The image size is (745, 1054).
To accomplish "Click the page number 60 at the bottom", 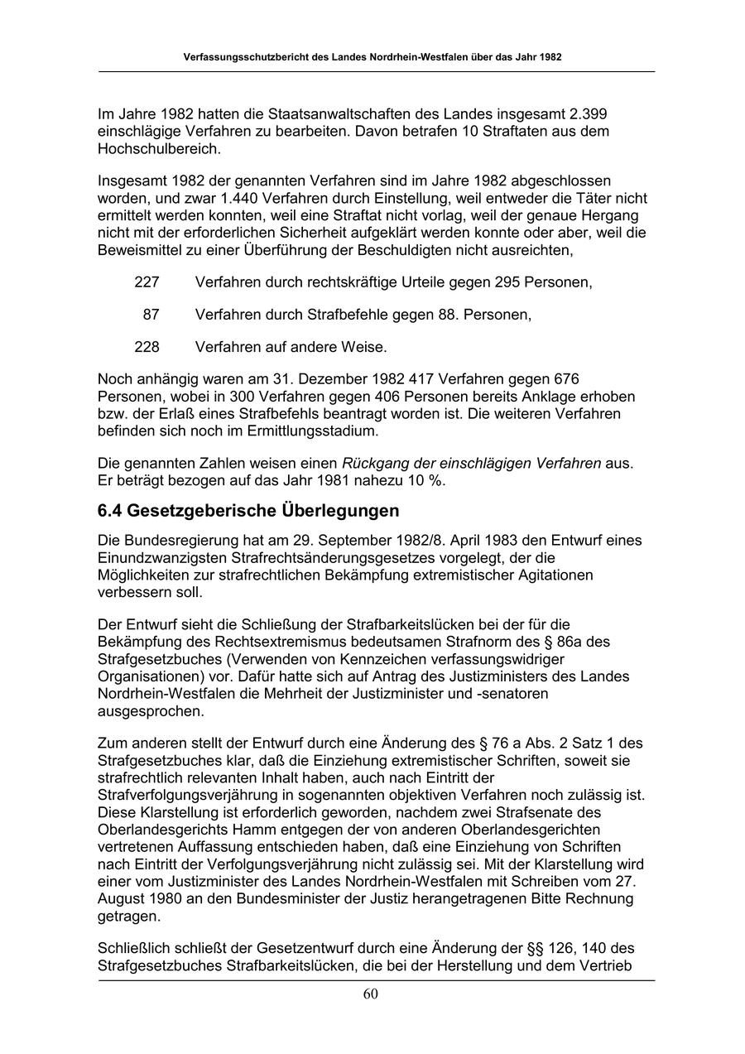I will [x=371, y=994].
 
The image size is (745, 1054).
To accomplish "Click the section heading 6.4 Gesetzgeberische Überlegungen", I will [x=248, y=510].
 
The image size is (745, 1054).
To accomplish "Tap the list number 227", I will [x=147, y=282].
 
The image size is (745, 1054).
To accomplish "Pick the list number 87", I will [x=151, y=315].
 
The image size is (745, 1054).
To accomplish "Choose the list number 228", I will [x=147, y=346].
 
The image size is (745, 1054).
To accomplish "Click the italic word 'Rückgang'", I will [x=374, y=463].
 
